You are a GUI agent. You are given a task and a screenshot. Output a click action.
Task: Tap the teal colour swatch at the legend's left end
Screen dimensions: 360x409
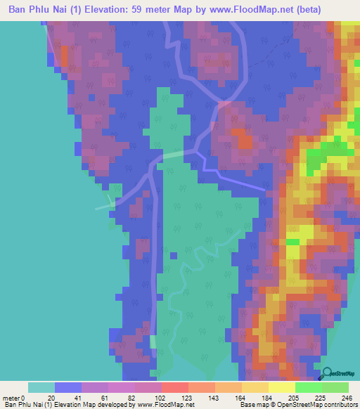41,387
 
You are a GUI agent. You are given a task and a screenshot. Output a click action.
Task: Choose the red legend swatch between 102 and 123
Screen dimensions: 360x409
175,387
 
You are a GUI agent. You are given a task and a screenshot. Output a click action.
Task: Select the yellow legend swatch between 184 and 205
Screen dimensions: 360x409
282,387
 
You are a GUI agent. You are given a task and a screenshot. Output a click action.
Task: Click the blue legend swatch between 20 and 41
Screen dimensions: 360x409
68,387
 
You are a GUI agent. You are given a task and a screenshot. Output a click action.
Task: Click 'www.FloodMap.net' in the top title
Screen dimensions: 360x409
243,9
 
